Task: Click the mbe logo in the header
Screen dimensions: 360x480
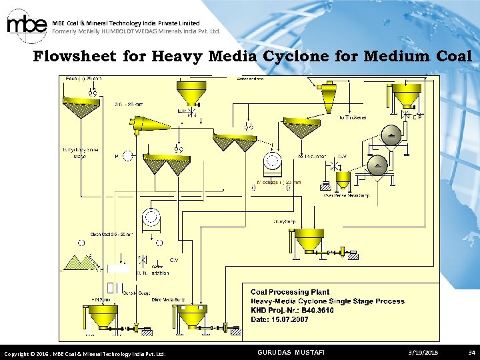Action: click(26, 26)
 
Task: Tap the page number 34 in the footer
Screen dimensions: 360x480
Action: click(471, 352)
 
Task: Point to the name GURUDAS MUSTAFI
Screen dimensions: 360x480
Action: click(291, 352)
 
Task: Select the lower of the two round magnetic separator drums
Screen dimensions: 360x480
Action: click(378, 165)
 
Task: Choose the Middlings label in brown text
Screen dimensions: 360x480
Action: click(279, 181)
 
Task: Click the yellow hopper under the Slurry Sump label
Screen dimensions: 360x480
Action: click(309, 241)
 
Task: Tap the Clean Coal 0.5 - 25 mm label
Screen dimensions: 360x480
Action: click(111, 235)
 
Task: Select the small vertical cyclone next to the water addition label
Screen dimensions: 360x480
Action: click(329, 97)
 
